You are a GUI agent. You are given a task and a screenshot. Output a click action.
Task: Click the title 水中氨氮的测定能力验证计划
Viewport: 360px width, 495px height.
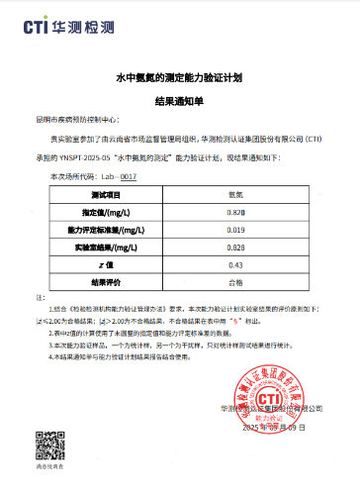179,76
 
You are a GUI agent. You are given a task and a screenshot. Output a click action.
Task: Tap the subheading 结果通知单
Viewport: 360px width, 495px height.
179,99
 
